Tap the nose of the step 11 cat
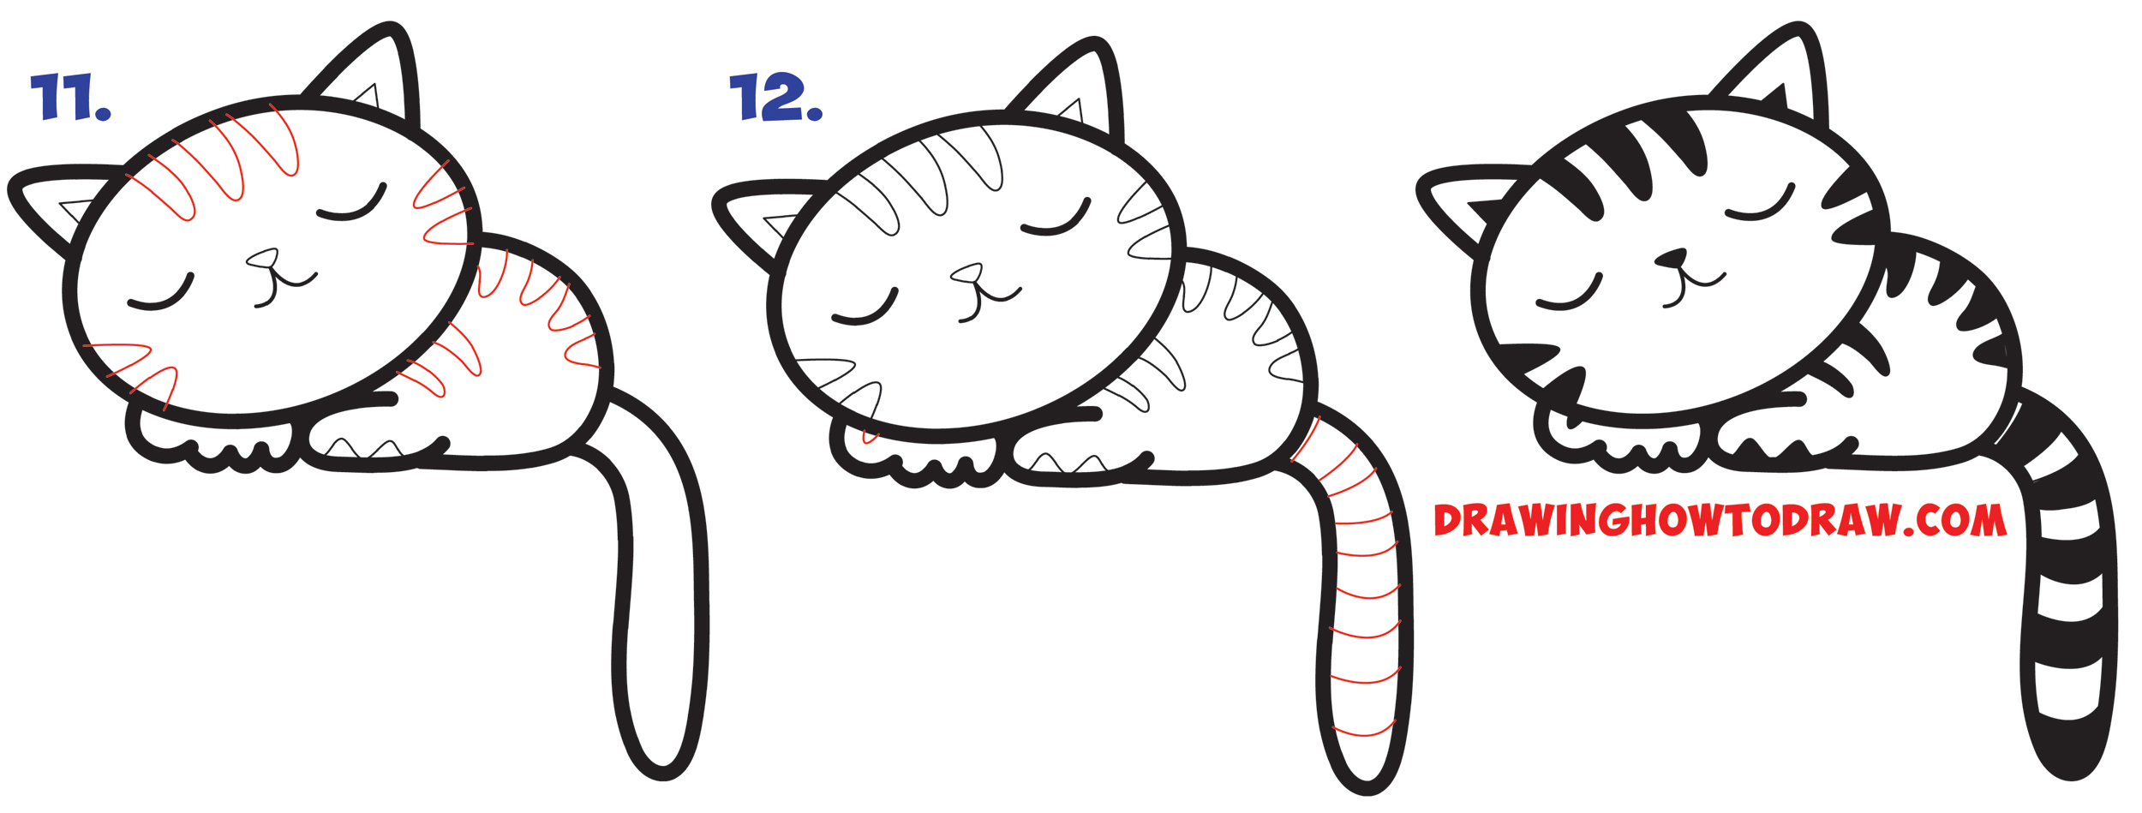coord(263,258)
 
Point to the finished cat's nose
coord(1672,258)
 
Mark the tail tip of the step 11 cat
coord(662,758)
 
